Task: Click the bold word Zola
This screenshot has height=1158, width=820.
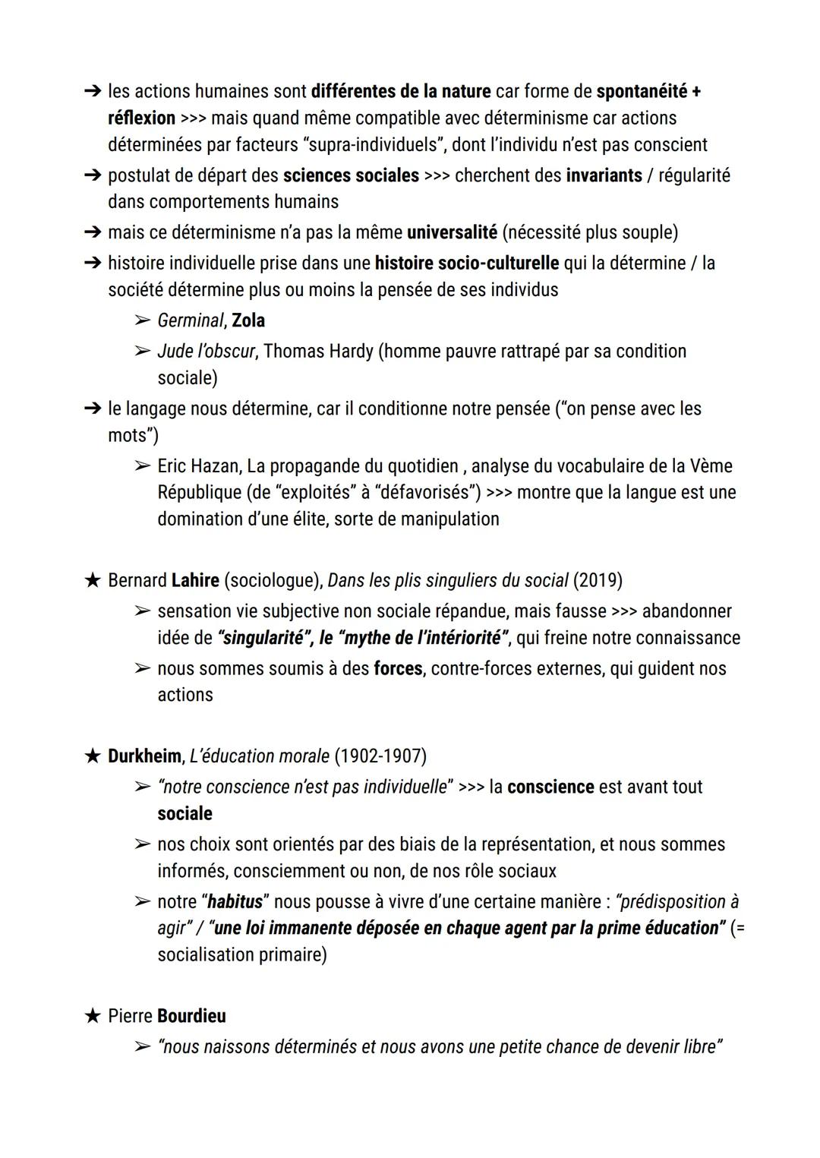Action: (x=248, y=320)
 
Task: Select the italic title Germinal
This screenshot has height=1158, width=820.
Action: (x=190, y=320)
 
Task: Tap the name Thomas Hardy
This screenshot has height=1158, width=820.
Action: (x=318, y=351)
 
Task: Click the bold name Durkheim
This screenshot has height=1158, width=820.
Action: (x=144, y=756)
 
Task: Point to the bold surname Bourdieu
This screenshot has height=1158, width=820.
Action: (x=191, y=1016)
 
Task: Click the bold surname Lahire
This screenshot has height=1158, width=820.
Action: (x=195, y=580)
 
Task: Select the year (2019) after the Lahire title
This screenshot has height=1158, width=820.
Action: (x=598, y=580)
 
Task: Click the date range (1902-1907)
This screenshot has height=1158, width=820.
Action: (x=380, y=756)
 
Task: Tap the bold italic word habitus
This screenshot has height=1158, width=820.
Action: (x=235, y=901)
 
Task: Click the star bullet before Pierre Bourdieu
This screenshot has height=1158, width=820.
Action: (x=92, y=1016)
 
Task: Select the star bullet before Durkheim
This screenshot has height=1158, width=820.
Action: (x=92, y=756)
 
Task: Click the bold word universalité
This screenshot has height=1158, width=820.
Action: (x=452, y=232)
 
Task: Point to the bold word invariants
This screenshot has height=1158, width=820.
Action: (x=604, y=175)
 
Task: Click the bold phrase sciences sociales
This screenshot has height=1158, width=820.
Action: (x=351, y=175)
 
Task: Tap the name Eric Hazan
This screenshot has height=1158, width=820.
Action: (x=198, y=465)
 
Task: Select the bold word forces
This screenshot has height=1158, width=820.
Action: (x=397, y=668)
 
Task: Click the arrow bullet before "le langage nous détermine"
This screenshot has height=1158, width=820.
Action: (x=92, y=409)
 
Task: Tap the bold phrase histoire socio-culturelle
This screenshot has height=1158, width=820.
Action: (x=466, y=263)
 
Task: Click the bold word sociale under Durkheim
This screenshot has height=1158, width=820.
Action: (x=184, y=813)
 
